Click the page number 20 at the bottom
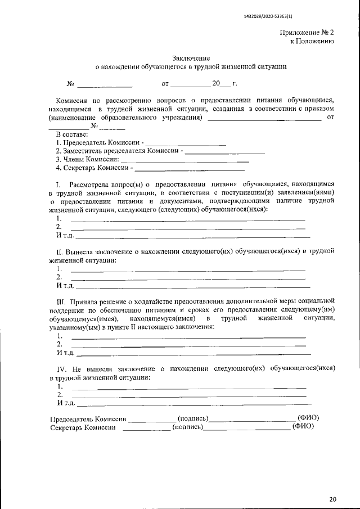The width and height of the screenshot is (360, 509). click(332, 499)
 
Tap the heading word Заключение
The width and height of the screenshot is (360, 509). click(191, 58)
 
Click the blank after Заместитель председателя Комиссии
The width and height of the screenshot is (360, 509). click(225, 152)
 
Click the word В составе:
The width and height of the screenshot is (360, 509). click(71, 135)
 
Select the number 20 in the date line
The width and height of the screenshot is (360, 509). click(217, 84)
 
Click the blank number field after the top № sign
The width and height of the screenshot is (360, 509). click(105, 85)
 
